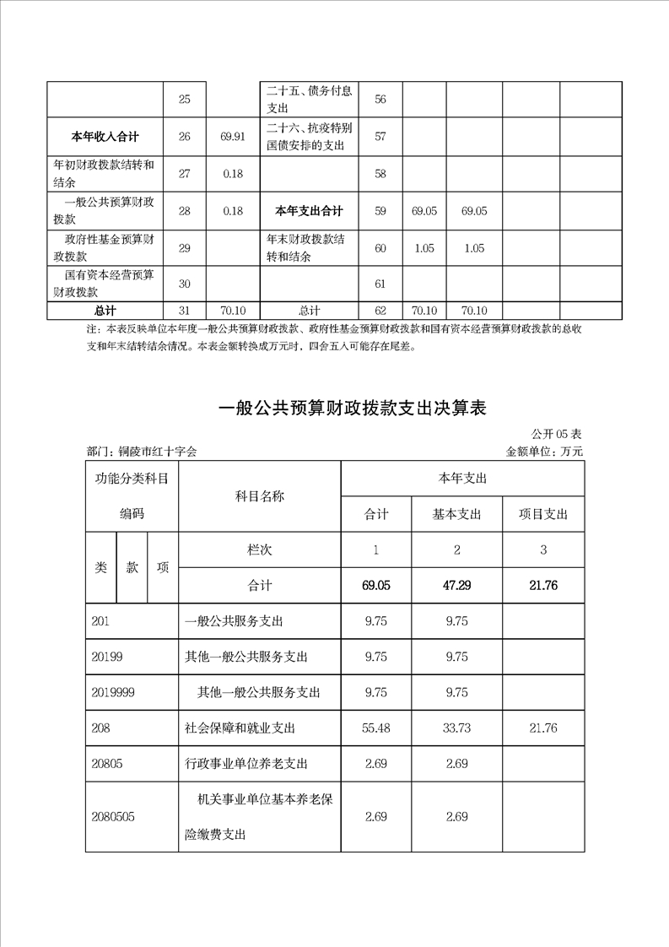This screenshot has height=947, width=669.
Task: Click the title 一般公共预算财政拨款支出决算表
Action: pos(353,409)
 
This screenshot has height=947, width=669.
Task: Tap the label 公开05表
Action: pos(557,434)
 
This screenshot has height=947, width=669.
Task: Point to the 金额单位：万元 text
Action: pos(544,452)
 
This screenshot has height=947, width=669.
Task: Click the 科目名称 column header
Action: pos(259,496)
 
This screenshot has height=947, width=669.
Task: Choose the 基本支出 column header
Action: pos(456,514)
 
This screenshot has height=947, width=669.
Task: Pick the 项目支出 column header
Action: pos(543,514)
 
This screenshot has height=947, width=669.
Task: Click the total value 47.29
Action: pos(456,585)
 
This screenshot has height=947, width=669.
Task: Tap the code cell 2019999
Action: pos(112,692)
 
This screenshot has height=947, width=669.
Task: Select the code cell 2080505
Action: pos(113,816)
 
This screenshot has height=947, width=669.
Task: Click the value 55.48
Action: pos(375,728)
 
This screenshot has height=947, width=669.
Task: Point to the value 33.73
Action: pos(456,728)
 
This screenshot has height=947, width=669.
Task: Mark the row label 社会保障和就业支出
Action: pos(239,728)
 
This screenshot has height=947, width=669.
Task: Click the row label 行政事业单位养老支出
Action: pos(245,764)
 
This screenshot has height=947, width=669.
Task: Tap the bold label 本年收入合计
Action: pos(105,136)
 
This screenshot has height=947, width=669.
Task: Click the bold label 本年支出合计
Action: pos(309,211)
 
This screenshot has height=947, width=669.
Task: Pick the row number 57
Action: pos(380,136)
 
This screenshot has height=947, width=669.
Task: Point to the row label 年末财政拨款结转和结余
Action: pos(306,247)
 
